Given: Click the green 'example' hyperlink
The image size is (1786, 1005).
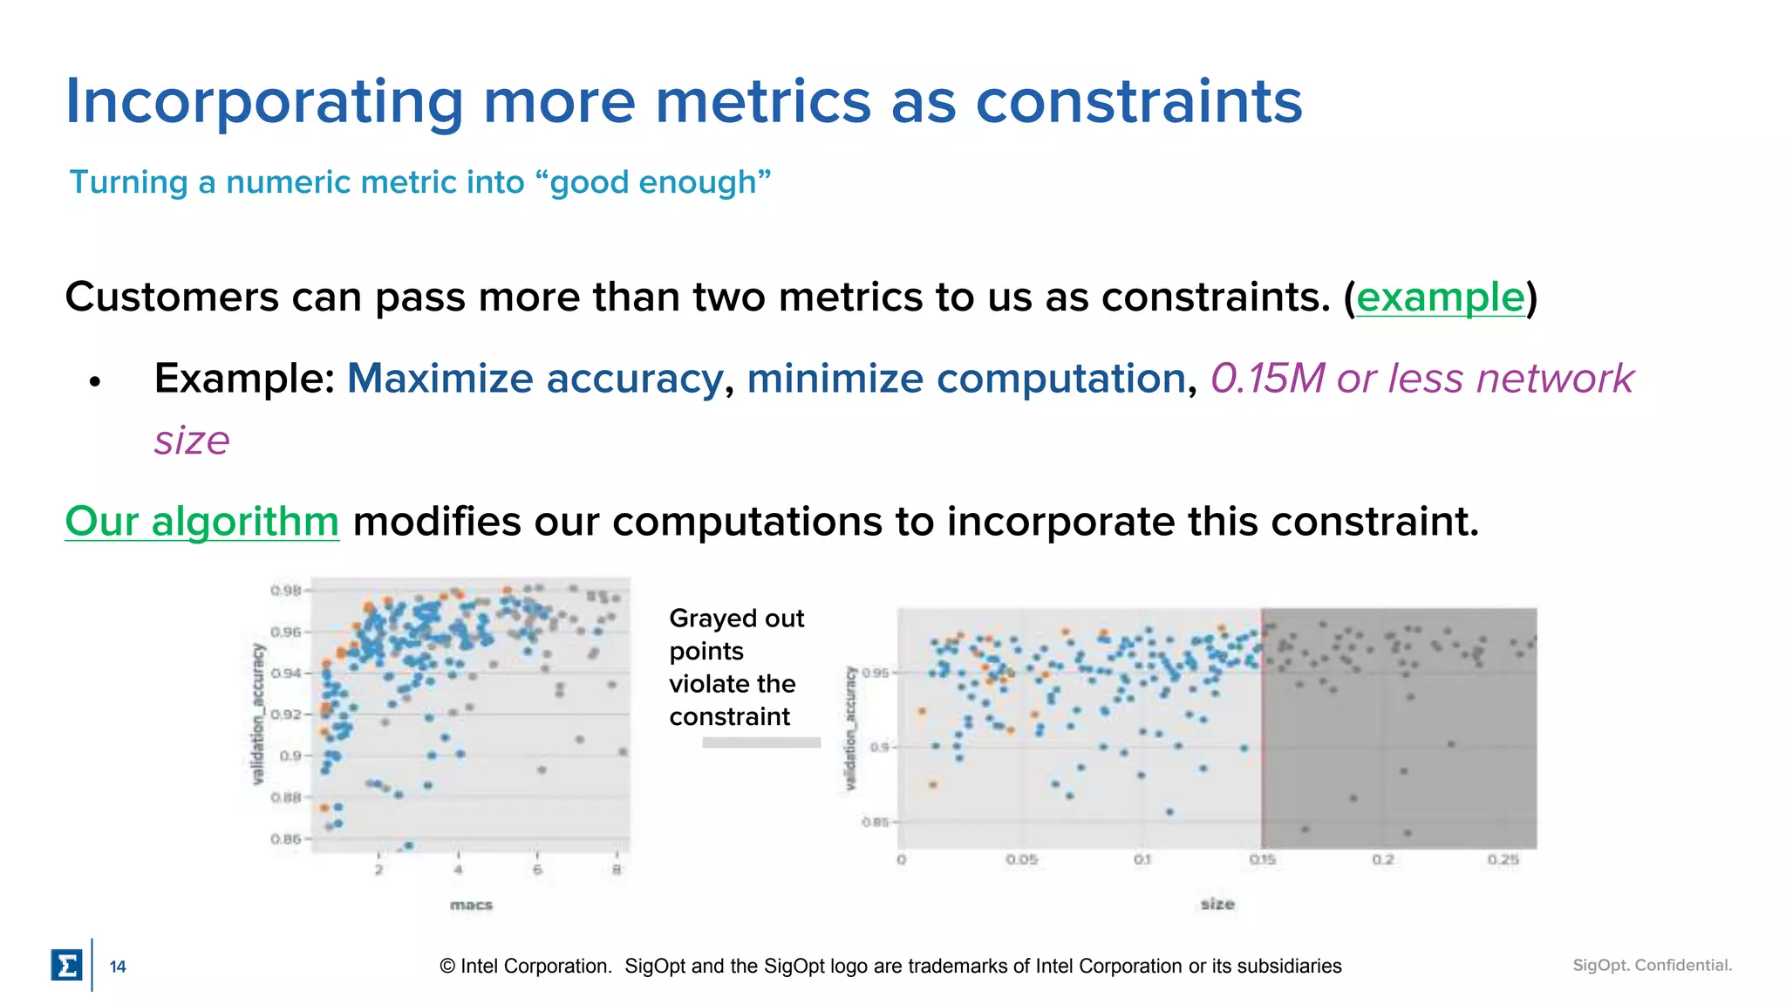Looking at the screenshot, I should point(1440,297).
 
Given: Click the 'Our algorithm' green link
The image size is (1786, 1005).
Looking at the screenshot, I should point(201,522).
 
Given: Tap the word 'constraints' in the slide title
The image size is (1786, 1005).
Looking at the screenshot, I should point(1138,101).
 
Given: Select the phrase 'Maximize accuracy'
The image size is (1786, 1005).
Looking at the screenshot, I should point(535,379).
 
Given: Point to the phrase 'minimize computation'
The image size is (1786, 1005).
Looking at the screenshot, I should point(965,379).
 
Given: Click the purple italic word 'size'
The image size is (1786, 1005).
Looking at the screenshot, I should point(192,441).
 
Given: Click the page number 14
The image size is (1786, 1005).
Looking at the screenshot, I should point(118,967).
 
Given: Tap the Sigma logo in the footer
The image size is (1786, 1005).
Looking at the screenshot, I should point(66,966).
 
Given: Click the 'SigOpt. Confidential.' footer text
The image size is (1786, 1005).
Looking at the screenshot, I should point(1652,965).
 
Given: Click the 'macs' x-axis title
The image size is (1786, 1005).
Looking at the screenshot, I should point(471,906).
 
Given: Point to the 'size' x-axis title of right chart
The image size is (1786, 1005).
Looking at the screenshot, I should point(1217,905).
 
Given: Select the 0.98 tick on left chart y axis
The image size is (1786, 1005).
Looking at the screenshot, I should point(285,591).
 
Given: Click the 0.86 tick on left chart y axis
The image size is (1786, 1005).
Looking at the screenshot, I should point(285,839).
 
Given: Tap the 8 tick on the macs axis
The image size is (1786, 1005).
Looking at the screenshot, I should point(617,870).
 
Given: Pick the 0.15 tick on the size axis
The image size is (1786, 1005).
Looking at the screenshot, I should point(1262,860).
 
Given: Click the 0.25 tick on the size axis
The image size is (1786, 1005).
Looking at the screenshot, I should point(1503,860).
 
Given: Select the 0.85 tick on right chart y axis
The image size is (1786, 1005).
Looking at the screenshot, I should point(875,822).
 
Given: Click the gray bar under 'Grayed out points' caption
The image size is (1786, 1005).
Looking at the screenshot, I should point(761,743).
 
